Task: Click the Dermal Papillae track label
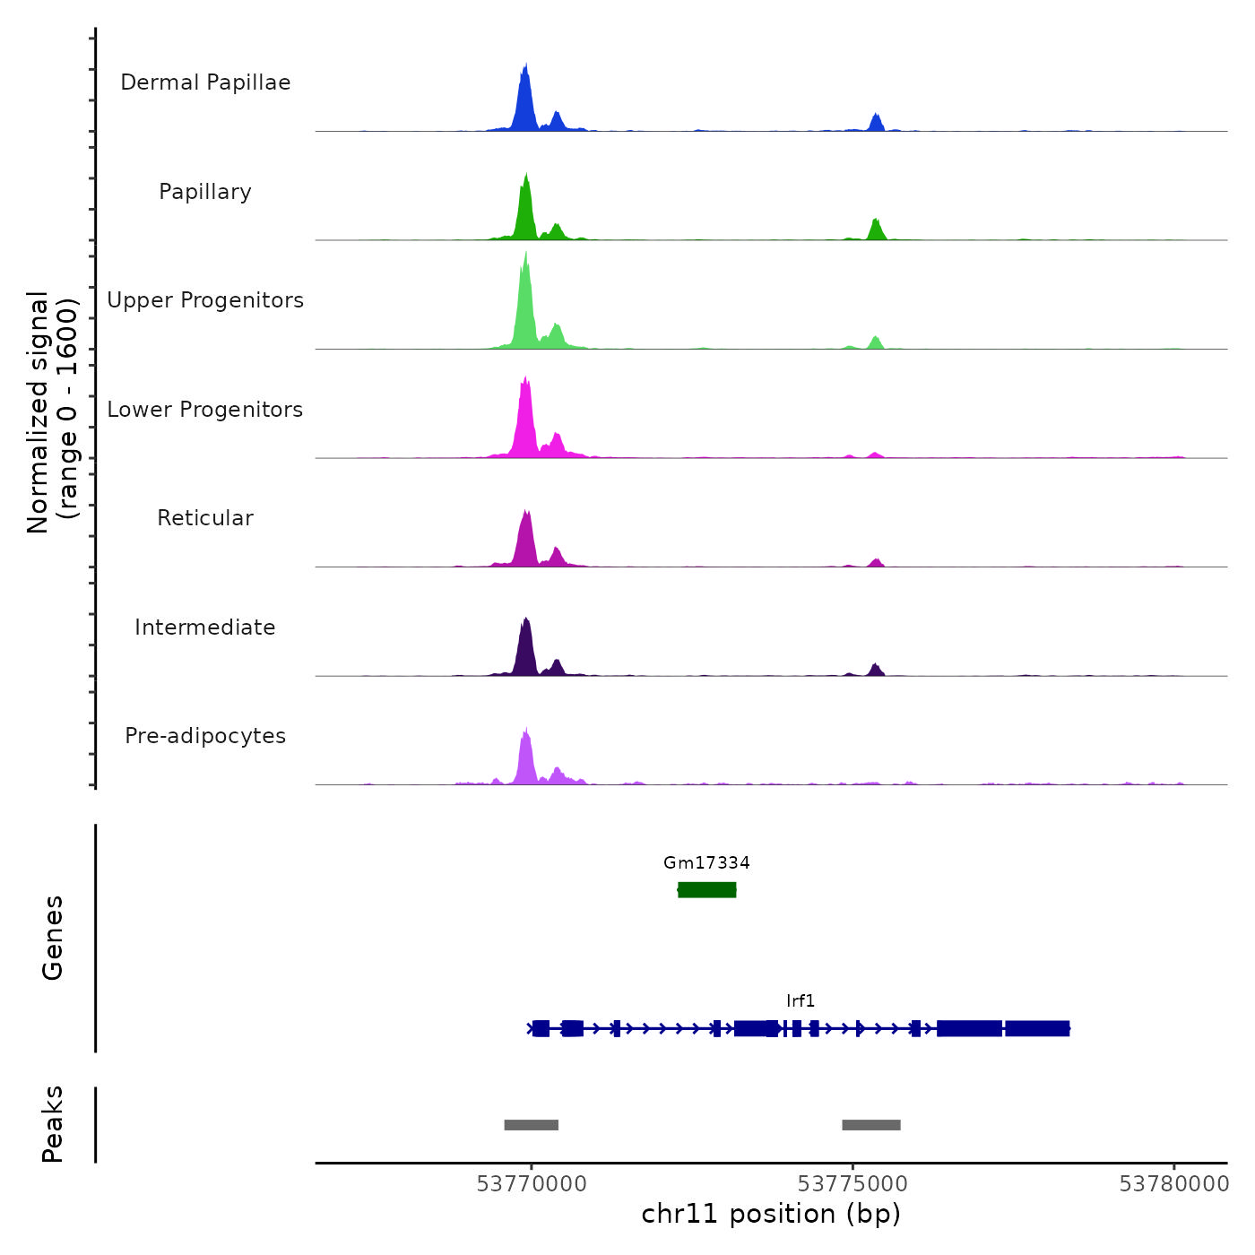click(205, 82)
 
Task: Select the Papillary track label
click(205, 192)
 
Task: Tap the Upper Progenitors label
click(205, 300)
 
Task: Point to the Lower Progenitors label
click(205, 410)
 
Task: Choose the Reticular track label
click(205, 518)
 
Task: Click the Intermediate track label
click(205, 627)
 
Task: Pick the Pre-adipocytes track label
click(205, 736)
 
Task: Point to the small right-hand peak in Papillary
click(876, 229)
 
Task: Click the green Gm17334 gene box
click(707, 889)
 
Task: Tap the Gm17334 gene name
click(706, 863)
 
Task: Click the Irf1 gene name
click(801, 1001)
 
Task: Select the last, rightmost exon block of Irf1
click(1037, 1028)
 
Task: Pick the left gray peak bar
click(532, 1125)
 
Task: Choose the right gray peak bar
click(871, 1125)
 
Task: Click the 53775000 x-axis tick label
click(853, 1184)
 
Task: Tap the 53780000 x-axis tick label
click(1174, 1184)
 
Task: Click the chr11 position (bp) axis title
click(771, 1215)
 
